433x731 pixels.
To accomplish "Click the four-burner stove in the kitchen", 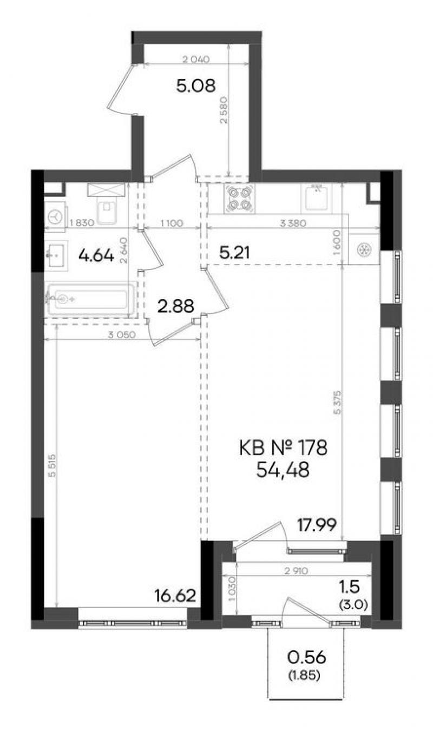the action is [x=239, y=199].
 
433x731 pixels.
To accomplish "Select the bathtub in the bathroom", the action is [x=90, y=299].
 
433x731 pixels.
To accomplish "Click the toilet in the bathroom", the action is [x=107, y=205].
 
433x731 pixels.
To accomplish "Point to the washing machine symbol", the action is [x=56, y=216].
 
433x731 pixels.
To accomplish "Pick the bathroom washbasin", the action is [x=56, y=256].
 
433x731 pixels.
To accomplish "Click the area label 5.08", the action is [x=196, y=86].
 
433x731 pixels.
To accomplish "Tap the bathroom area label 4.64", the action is [x=97, y=255].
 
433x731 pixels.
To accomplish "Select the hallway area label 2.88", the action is [x=176, y=306].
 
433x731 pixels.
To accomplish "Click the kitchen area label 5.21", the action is [x=235, y=253].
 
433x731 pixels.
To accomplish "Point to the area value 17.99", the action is [x=317, y=525].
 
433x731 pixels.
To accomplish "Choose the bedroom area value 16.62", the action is [x=176, y=596].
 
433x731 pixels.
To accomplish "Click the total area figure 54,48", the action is [x=283, y=470].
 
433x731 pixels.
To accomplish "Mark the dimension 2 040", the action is [x=196, y=60].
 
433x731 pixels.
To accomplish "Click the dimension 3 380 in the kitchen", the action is [x=293, y=223].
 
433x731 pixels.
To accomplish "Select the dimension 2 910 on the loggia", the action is [x=296, y=571].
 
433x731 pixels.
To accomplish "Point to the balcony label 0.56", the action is [x=306, y=657].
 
